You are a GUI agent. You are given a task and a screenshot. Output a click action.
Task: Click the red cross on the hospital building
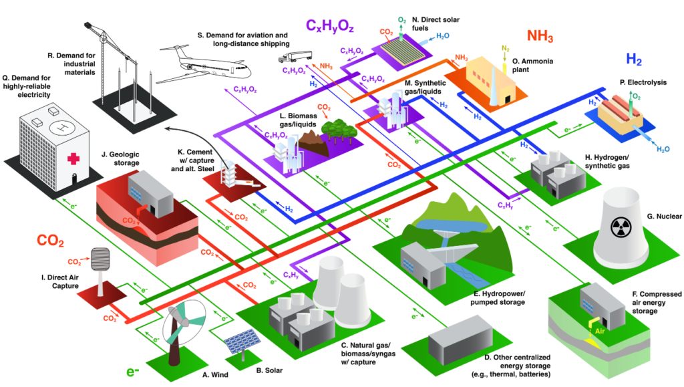pyautogui.click(x=73, y=158)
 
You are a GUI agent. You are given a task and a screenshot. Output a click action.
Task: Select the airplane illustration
pyautogui.click(x=204, y=66)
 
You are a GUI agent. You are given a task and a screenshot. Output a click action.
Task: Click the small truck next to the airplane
pyautogui.click(x=295, y=57)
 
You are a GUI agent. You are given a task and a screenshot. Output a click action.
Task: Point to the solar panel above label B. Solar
pyautogui.click(x=242, y=341)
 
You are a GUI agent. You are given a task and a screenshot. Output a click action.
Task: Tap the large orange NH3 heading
pyautogui.click(x=540, y=36)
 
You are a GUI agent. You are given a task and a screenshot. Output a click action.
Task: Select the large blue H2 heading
pyautogui.click(x=634, y=59)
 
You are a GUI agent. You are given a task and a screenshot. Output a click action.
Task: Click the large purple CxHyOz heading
pyautogui.click(x=329, y=26)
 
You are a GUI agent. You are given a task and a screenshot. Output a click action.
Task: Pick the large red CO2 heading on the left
pyautogui.click(x=51, y=241)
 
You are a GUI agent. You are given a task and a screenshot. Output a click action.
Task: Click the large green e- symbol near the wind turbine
pyautogui.click(x=133, y=372)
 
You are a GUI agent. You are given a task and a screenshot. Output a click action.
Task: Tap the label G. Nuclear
pyautogui.click(x=664, y=217)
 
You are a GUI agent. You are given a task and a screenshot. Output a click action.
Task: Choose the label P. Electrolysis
pyautogui.click(x=643, y=82)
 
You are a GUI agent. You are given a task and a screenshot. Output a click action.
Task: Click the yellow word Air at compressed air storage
pyautogui.click(x=600, y=331)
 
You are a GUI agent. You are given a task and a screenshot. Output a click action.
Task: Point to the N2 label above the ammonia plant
pyautogui.click(x=506, y=49)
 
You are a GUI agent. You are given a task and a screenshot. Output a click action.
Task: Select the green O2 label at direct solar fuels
pyautogui.click(x=402, y=21)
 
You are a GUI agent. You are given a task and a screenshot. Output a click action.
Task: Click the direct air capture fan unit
pyautogui.click(x=100, y=259)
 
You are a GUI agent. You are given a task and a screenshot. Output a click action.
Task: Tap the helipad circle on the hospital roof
pyautogui.click(x=62, y=128)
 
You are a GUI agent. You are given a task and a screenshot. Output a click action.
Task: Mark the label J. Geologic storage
pyautogui.click(x=120, y=158)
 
